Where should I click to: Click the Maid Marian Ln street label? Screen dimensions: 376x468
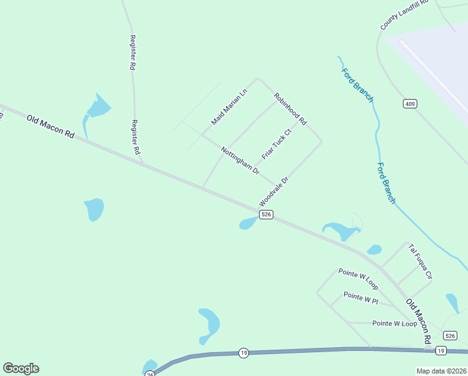(x=229, y=107)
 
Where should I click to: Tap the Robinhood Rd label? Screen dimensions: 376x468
(x=290, y=108)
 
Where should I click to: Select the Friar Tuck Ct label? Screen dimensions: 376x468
(x=277, y=145)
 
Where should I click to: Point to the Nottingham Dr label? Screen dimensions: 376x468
(x=240, y=160)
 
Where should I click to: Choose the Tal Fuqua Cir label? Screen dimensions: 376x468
(x=420, y=261)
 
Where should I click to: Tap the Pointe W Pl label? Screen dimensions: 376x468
(x=361, y=298)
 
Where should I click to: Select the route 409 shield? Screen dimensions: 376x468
(x=410, y=103)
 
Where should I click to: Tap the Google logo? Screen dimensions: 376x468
(x=21, y=368)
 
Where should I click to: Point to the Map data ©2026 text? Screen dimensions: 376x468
(x=442, y=371)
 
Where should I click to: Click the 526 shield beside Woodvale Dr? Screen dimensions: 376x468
(x=266, y=214)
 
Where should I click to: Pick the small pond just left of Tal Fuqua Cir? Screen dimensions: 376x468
(x=374, y=249)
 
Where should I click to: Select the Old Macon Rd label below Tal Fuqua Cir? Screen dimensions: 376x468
(x=419, y=320)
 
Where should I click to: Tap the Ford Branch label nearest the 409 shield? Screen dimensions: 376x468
(x=357, y=85)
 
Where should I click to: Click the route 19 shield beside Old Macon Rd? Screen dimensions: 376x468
(x=441, y=350)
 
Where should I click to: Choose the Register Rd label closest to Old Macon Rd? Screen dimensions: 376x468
(x=135, y=138)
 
